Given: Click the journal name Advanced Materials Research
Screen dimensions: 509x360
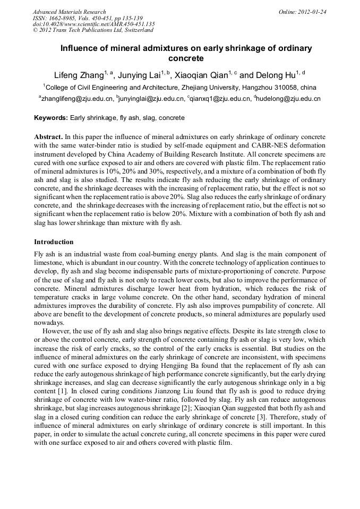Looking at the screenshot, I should click(x=69, y=12).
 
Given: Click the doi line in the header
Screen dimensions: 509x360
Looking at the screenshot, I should click(x=93, y=24).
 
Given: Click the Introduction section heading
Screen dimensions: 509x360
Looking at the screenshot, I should click(x=54, y=241).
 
